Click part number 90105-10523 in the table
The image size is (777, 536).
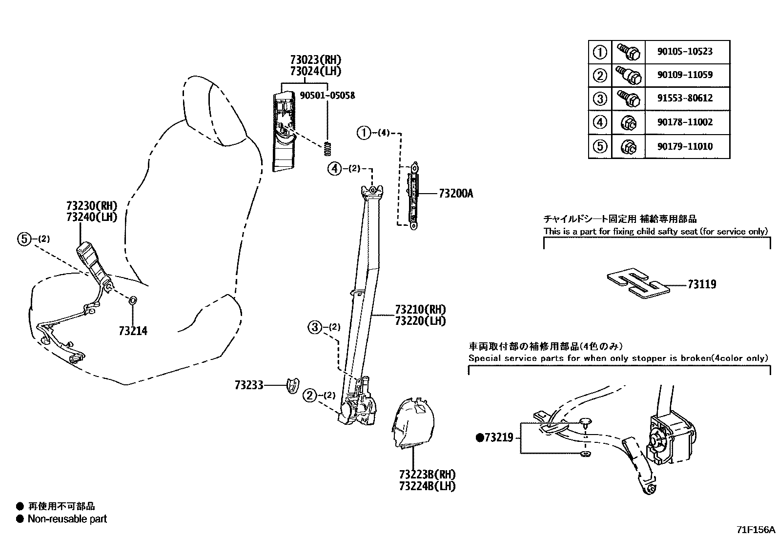685,52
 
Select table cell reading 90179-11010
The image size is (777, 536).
685,146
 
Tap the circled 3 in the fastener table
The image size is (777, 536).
600,99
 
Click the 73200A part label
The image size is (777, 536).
456,194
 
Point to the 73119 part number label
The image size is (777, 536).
702,284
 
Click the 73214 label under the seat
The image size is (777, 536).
133,331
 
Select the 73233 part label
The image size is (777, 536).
248,386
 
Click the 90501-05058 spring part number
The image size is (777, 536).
327,96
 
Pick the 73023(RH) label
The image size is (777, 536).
315,60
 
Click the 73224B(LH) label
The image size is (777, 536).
427,486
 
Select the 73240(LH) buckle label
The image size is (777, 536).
92,217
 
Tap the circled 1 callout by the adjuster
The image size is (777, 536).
364,133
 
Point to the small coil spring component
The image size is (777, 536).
328,149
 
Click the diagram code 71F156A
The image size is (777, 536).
756,530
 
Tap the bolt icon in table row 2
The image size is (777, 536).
628,75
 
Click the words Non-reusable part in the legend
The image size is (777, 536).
67,519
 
